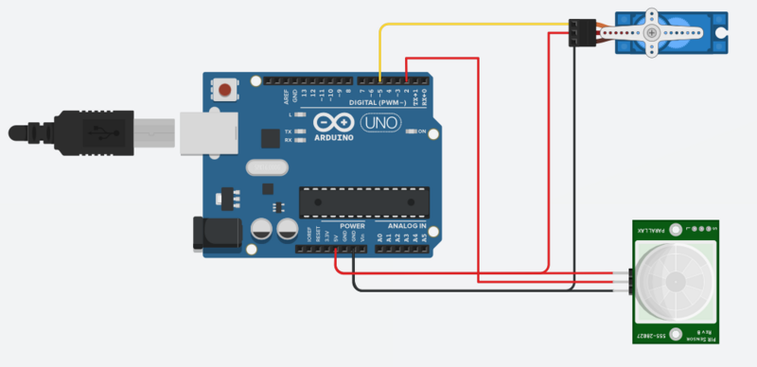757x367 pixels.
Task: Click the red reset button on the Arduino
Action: click(225, 91)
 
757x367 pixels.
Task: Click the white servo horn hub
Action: click(652, 31)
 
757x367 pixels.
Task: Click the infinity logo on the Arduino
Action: click(330, 123)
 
